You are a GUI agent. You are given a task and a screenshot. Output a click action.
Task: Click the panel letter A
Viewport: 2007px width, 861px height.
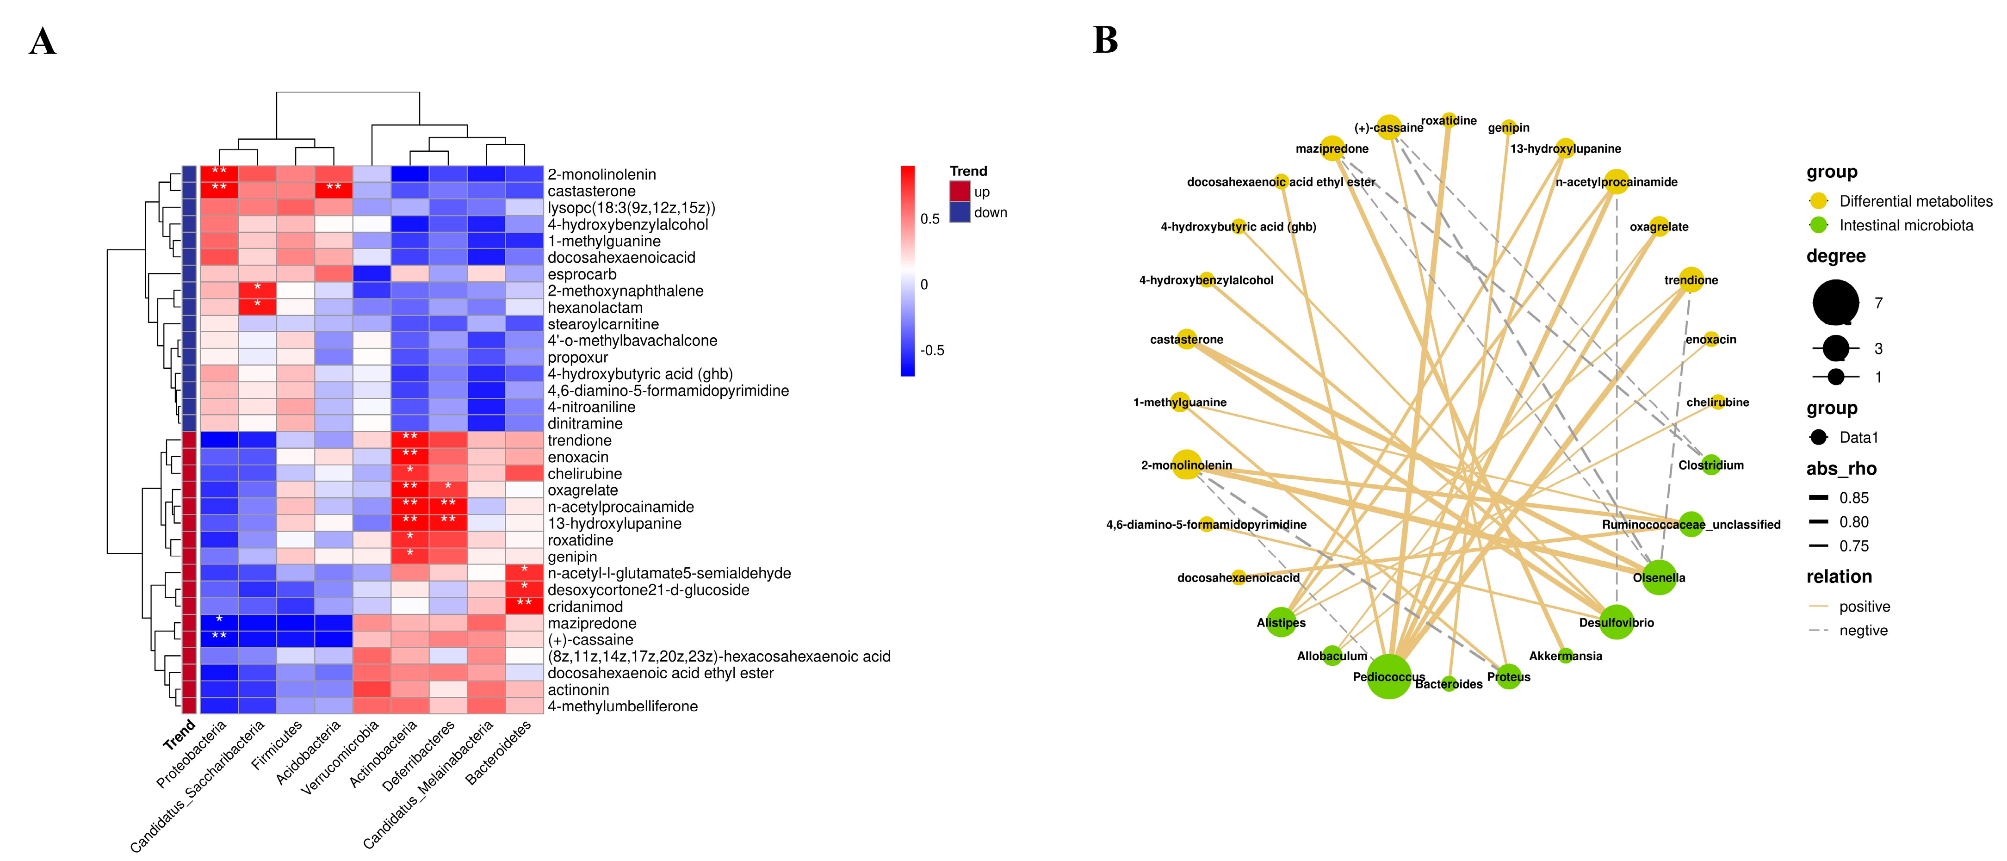point(43,41)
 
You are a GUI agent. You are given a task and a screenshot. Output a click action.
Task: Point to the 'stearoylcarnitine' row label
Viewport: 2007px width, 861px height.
point(602,324)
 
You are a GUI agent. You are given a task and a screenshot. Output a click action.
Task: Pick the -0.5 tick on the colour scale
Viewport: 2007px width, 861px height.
point(932,350)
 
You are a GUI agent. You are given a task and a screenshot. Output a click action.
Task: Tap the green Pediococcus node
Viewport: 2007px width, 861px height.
point(1388,676)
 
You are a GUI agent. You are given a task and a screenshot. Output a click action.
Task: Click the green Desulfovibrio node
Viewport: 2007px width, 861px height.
point(1616,622)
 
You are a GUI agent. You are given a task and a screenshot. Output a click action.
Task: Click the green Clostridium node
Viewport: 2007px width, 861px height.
point(1711,465)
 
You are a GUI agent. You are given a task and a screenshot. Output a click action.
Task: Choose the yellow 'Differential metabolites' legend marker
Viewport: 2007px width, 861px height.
point(1818,201)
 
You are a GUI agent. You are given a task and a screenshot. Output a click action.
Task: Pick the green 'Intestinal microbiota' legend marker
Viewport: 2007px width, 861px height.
point(1818,225)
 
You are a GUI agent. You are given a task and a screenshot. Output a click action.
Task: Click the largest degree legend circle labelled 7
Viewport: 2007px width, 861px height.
point(1836,302)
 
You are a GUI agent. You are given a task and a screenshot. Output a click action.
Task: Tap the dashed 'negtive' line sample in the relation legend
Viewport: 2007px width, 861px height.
point(1818,630)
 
